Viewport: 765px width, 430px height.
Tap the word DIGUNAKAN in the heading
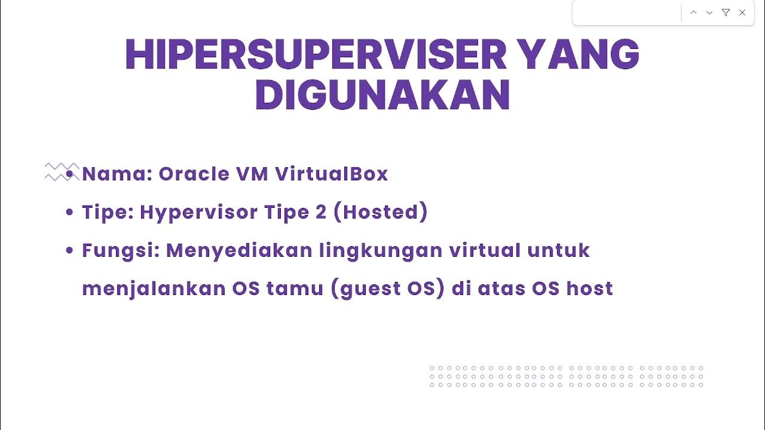point(382,96)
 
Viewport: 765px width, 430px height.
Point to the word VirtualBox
point(332,174)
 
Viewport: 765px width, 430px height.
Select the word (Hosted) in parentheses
point(380,212)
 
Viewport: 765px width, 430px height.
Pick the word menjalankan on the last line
point(153,288)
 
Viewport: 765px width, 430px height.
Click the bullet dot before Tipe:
point(70,213)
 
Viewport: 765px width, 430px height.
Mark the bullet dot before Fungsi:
point(70,251)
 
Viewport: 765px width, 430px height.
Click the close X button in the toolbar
point(742,13)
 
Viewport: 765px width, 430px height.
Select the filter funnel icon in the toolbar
point(726,13)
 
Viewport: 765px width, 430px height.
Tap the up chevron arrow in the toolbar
point(693,13)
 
